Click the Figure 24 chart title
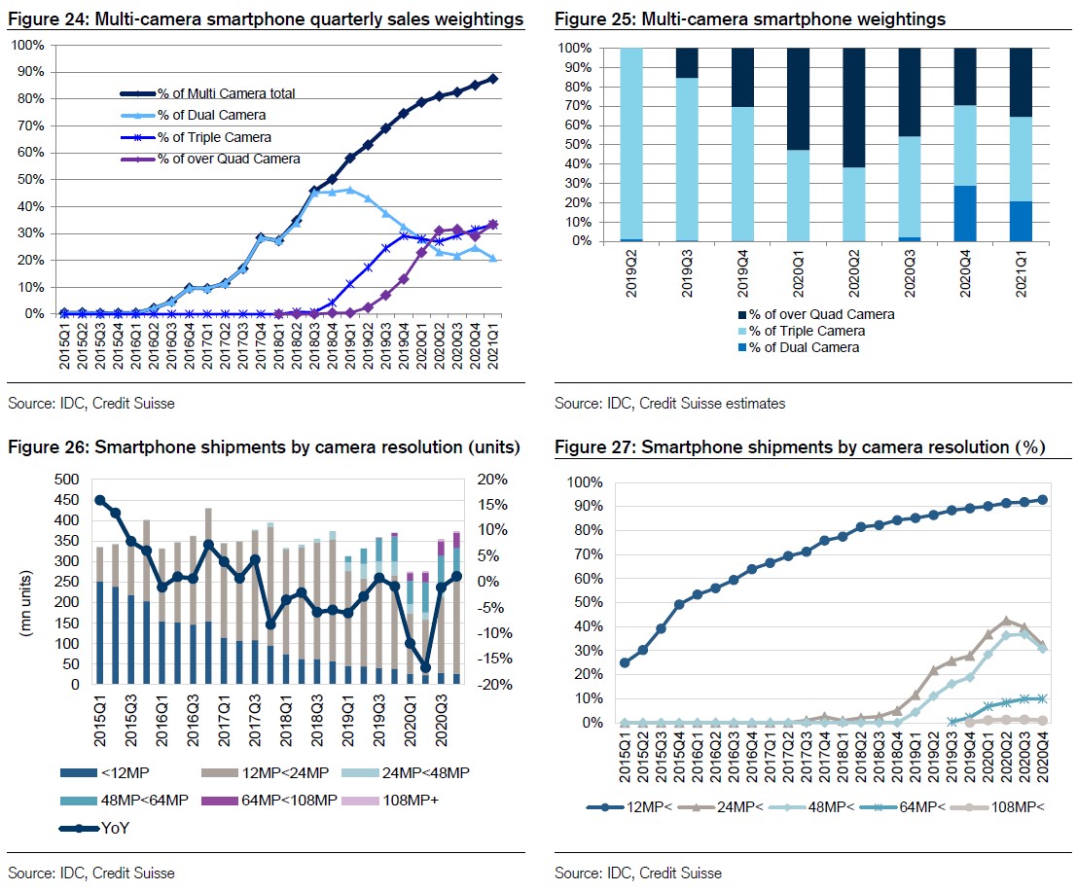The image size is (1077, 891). click(x=266, y=19)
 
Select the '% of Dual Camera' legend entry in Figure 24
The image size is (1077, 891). click(x=193, y=115)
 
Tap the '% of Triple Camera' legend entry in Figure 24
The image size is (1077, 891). click(x=196, y=137)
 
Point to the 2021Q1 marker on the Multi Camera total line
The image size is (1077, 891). click(x=492, y=79)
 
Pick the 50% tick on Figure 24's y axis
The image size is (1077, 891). click(x=30, y=179)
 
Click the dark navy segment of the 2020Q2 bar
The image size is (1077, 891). click(x=854, y=108)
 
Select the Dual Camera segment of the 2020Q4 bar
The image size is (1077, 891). click(x=965, y=214)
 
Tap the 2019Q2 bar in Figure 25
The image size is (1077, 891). click(x=631, y=145)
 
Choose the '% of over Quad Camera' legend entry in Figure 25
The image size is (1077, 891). click(x=816, y=314)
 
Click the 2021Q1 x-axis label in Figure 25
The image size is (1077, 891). click(x=1021, y=273)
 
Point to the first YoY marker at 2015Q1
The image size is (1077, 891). click(x=99, y=500)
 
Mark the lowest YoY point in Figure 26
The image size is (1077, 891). click(x=425, y=667)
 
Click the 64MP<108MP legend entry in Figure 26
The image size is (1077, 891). click(x=269, y=801)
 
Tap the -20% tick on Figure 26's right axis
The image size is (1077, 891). click(x=494, y=684)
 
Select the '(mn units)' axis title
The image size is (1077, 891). click(x=26, y=603)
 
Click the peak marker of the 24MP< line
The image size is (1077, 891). click(x=1006, y=621)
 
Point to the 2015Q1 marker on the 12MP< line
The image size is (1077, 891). click(x=625, y=663)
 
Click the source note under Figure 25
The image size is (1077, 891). click(x=669, y=404)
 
